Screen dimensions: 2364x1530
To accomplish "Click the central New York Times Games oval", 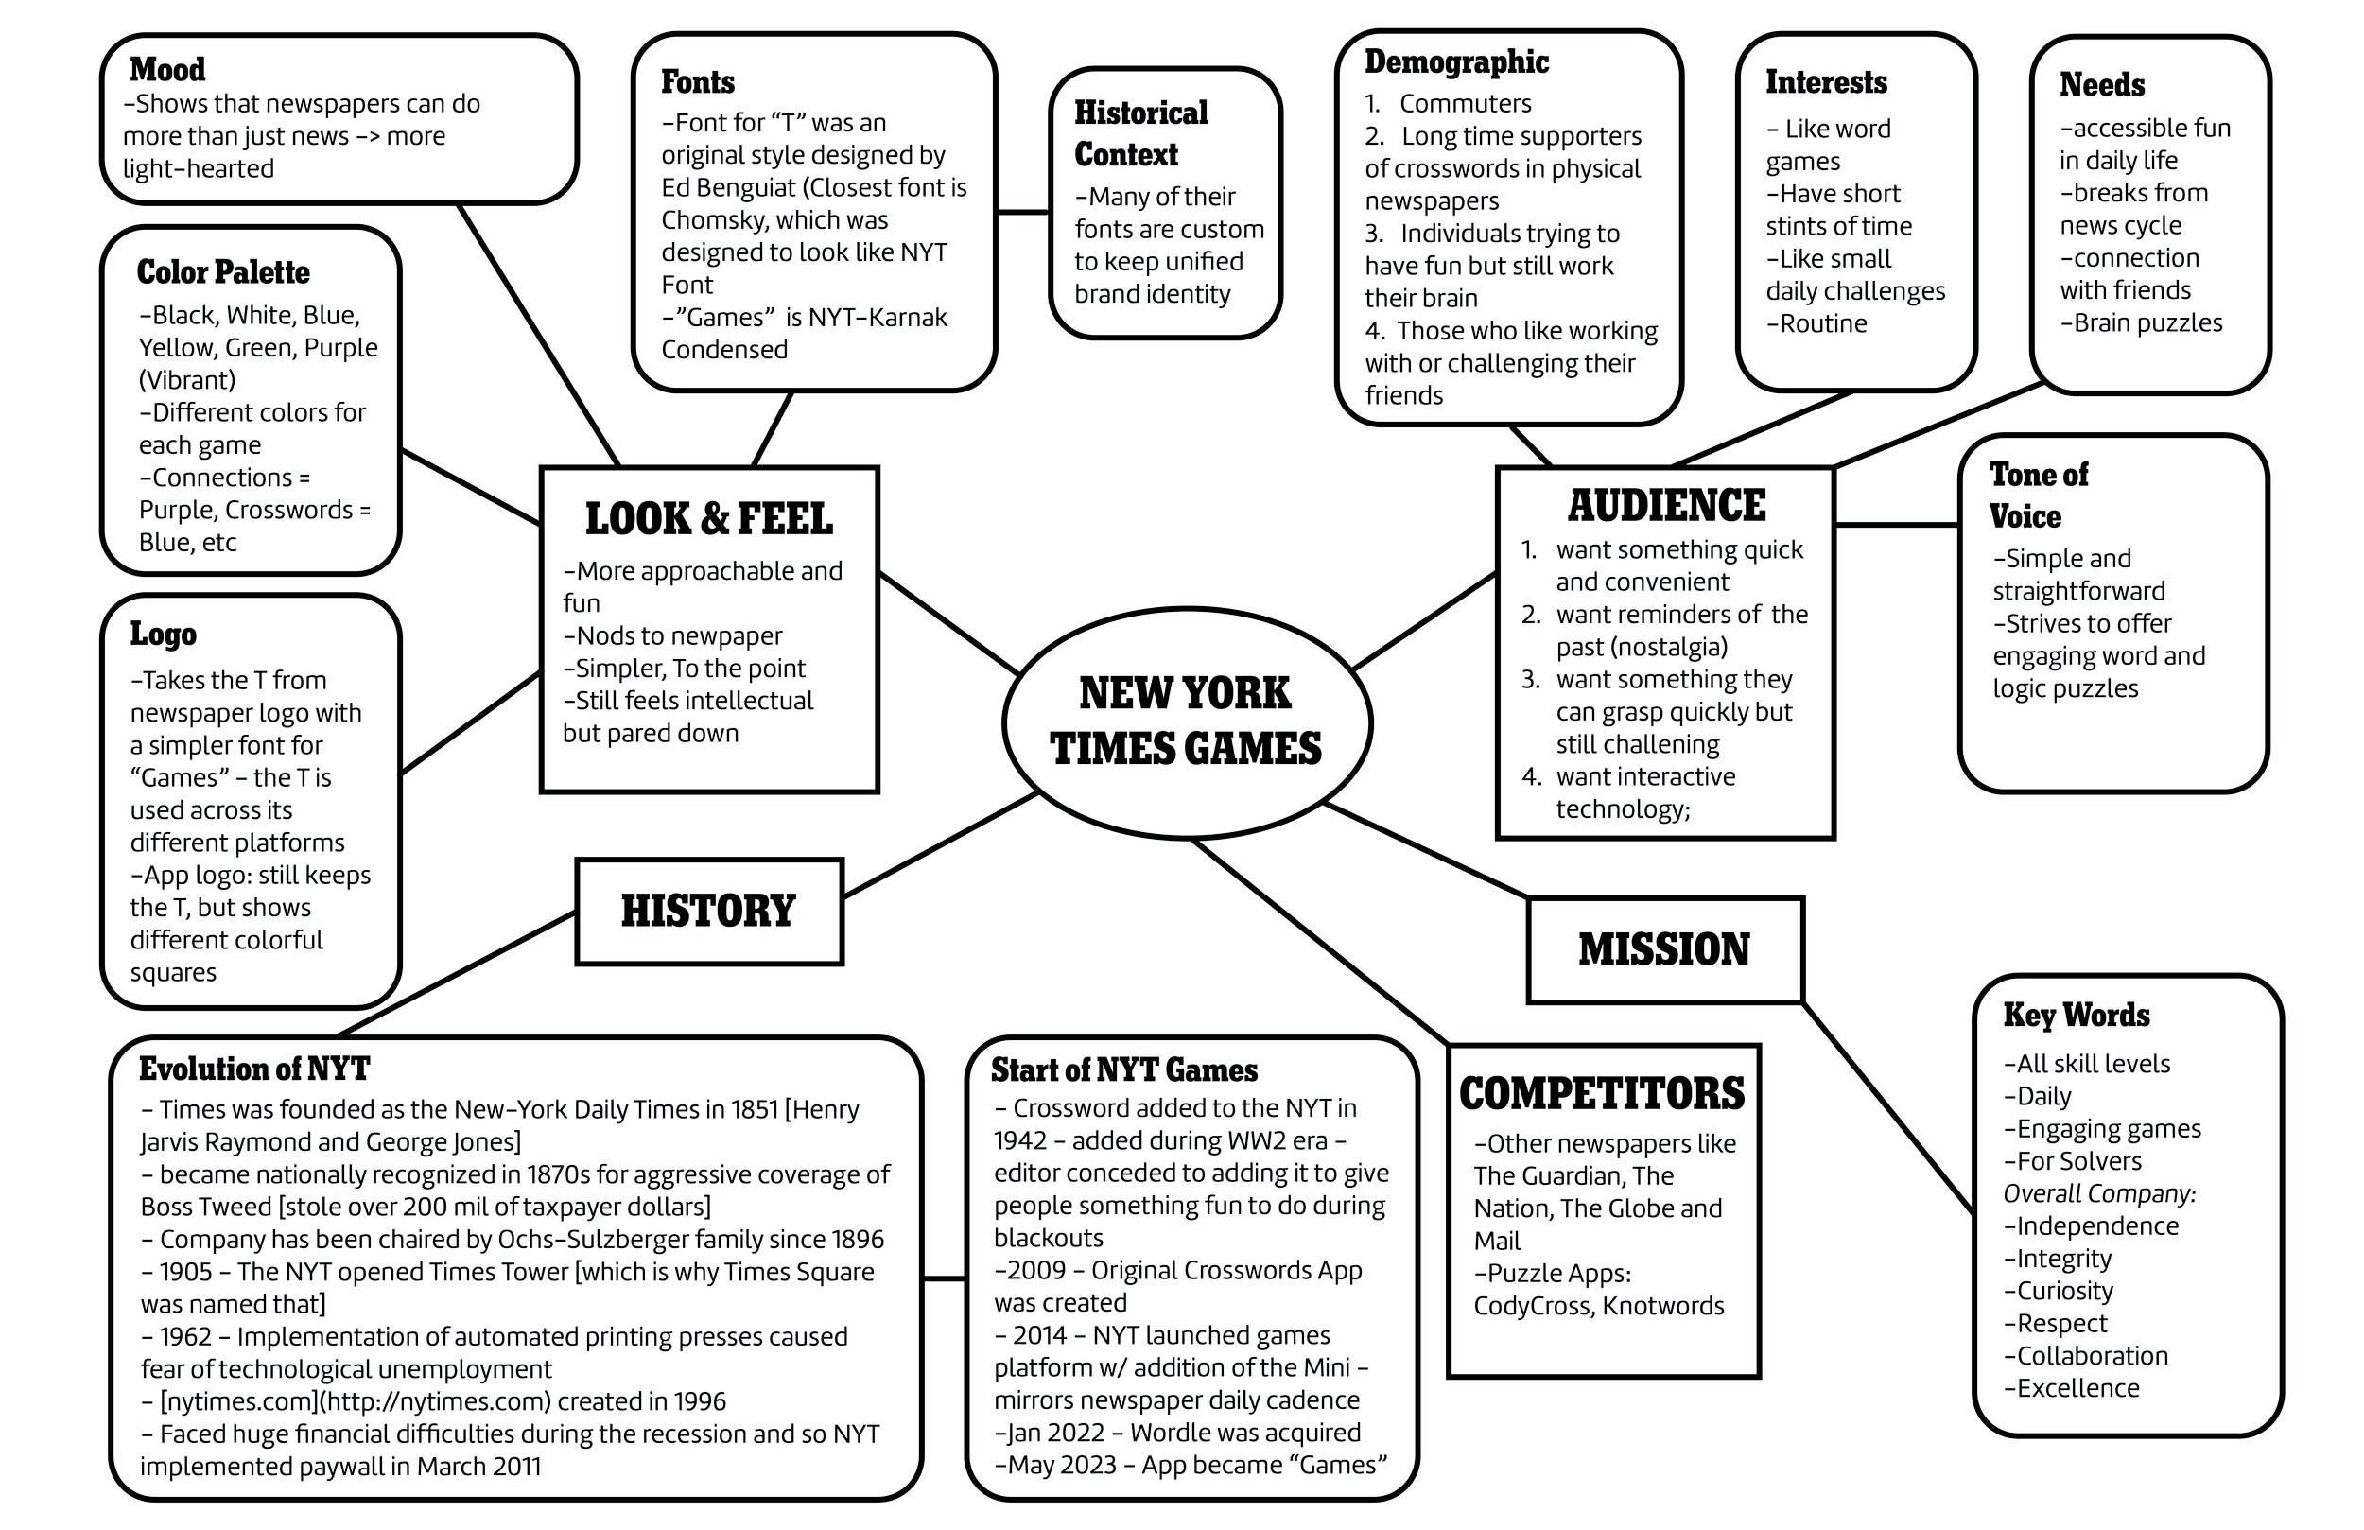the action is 1186,722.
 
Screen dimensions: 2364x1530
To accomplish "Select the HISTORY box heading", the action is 708,910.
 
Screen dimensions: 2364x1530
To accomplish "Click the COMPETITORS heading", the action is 1601,1094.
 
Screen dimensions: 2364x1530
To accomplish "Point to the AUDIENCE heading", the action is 1667,506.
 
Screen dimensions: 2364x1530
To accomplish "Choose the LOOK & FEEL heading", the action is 708,518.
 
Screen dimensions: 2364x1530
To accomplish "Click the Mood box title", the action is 166,70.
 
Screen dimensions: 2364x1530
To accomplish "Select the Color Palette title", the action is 222,272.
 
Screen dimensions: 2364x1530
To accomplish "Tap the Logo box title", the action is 163,634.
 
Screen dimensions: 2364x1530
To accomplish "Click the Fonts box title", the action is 697,81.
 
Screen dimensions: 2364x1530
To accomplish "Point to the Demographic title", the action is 1456,61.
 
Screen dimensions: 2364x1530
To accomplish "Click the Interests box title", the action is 1826,81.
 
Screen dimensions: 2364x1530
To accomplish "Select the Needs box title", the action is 2102,84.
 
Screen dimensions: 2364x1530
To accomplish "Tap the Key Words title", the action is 2076,1015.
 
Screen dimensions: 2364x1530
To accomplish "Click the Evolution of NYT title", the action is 254,1069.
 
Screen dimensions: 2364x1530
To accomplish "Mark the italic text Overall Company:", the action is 2099,1193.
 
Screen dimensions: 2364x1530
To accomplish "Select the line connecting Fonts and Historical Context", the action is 1023,212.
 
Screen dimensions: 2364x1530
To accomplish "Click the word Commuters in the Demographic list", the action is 1465,103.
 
